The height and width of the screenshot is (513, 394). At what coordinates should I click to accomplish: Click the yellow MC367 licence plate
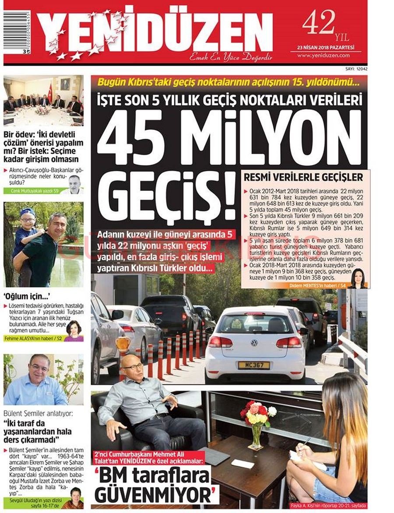coord(253,365)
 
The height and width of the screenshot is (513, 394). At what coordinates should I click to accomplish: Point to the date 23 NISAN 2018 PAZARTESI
coord(325,47)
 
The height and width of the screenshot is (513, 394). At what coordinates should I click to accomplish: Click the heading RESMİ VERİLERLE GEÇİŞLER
coord(303,178)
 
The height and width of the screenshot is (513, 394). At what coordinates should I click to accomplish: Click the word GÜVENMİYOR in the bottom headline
coord(157,496)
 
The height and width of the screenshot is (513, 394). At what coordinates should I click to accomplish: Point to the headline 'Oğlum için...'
coord(25,297)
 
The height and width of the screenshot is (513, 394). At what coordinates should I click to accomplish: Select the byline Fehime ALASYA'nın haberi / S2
coord(33,338)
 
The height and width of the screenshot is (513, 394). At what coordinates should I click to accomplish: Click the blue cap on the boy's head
coord(27,212)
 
